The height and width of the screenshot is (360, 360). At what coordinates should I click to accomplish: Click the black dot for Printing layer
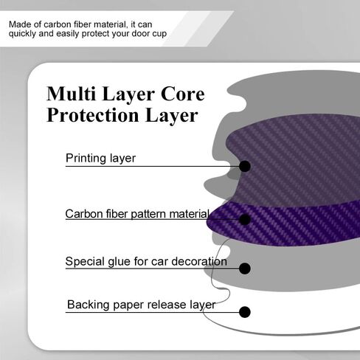pyautogui.click(x=245, y=167)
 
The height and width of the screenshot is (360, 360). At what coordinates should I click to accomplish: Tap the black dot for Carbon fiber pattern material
pyautogui.click(x=245, y=219)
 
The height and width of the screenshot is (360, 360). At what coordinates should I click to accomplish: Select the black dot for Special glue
pyautogui.click(x=245, y=269)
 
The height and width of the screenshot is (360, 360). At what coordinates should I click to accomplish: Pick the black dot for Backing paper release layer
pyautogui.click(x=245, y=312)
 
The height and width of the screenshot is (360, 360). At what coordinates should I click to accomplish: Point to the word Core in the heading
pyautogui.click(x=182, y=94)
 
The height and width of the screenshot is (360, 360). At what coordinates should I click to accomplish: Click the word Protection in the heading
pyautogui.click(x=93, y=115)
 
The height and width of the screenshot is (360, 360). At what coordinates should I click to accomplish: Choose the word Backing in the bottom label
pyautogui.click(x=89, y=305)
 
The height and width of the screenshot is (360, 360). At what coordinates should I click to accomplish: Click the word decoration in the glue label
pyautogui.click(x=199, y=261)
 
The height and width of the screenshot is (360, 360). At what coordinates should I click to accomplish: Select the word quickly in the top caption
pyautogui.click(x=22, y=34)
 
